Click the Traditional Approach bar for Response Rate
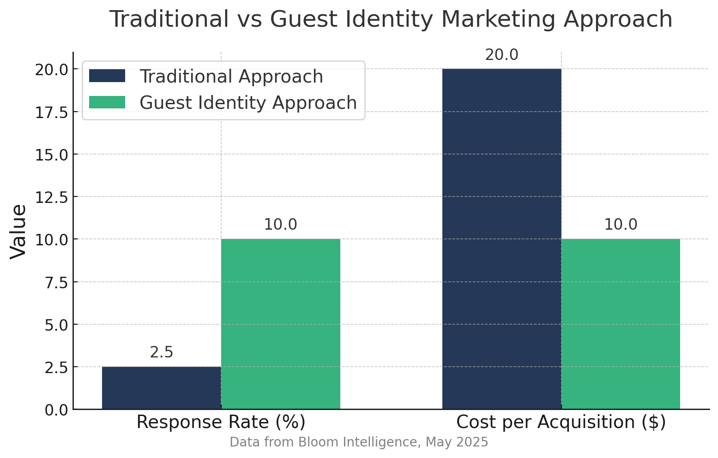[x=161, y=387]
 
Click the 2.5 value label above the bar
[x=162, y=353]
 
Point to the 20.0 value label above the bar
[x=501, y=55]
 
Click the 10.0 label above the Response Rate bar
[x=280, y=225]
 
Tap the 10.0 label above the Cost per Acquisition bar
[x=621, y=225]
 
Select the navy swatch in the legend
[x=107, y=76]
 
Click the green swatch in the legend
[x=107, y=102]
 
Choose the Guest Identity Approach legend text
[x=248, y=102]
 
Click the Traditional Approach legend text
[x=231, y=76]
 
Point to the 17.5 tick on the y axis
[x=51, y=112]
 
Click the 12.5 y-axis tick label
[x=51, y=197]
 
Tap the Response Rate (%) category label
[x=221, y=422]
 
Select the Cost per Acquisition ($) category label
[x=561, y=422]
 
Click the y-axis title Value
[x=18, y=232]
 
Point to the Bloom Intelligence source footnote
[x=359, y=442]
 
